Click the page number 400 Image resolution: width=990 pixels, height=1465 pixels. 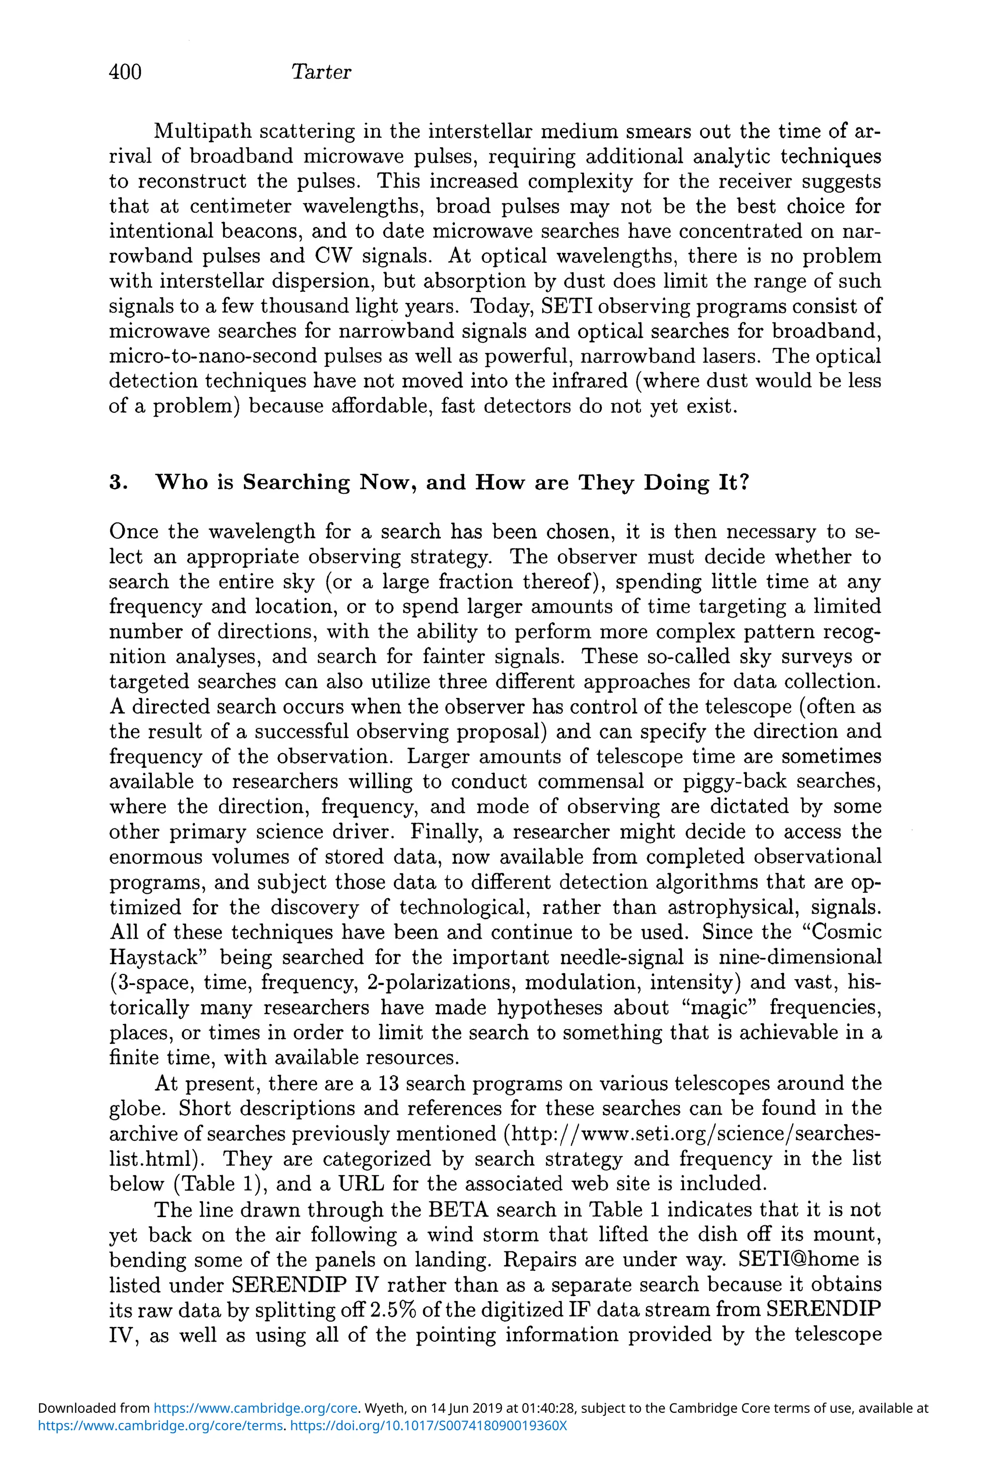tap(126, 73)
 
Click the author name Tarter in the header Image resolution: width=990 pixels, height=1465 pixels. tap(321, 73)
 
